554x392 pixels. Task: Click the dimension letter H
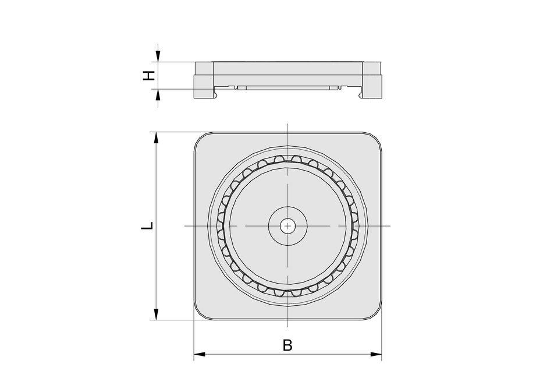(150, 75)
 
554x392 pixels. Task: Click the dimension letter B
(287, 345)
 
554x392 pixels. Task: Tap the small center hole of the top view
(287, 225)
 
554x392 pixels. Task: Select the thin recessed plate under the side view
(287, 89)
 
